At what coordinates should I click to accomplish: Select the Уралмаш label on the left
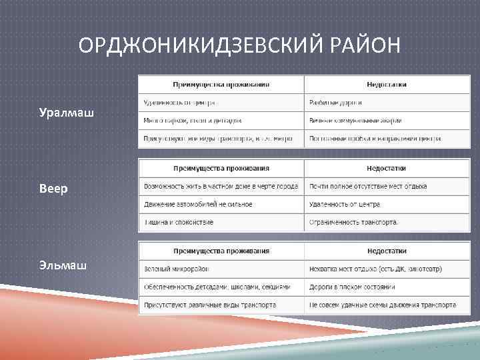(x=67, y=114)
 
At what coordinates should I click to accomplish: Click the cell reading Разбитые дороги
(x=335, y=103)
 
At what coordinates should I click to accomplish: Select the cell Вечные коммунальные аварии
(x=355, y=121)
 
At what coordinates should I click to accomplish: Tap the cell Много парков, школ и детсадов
(x=193, y=121)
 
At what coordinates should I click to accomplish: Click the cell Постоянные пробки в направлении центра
(x=375, y=139)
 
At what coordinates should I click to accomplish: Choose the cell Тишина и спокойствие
(x=179, y=222)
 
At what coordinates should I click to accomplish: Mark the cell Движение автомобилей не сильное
(x=198, y=204)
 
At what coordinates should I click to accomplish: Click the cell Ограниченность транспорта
(x=353, y=222)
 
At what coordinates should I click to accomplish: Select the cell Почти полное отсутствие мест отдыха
(x=368, y=186)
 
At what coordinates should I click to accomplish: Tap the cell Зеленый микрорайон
(x=176, y=269)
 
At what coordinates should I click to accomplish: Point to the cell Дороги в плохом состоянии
(x=352, y=287)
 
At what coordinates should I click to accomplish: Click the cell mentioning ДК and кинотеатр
(x=375, y=269)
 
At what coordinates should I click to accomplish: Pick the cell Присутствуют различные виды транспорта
(x=210, y=305)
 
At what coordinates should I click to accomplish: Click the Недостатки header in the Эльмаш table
(x=386, y=251)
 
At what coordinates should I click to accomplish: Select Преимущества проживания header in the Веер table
(x=221, y=168)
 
